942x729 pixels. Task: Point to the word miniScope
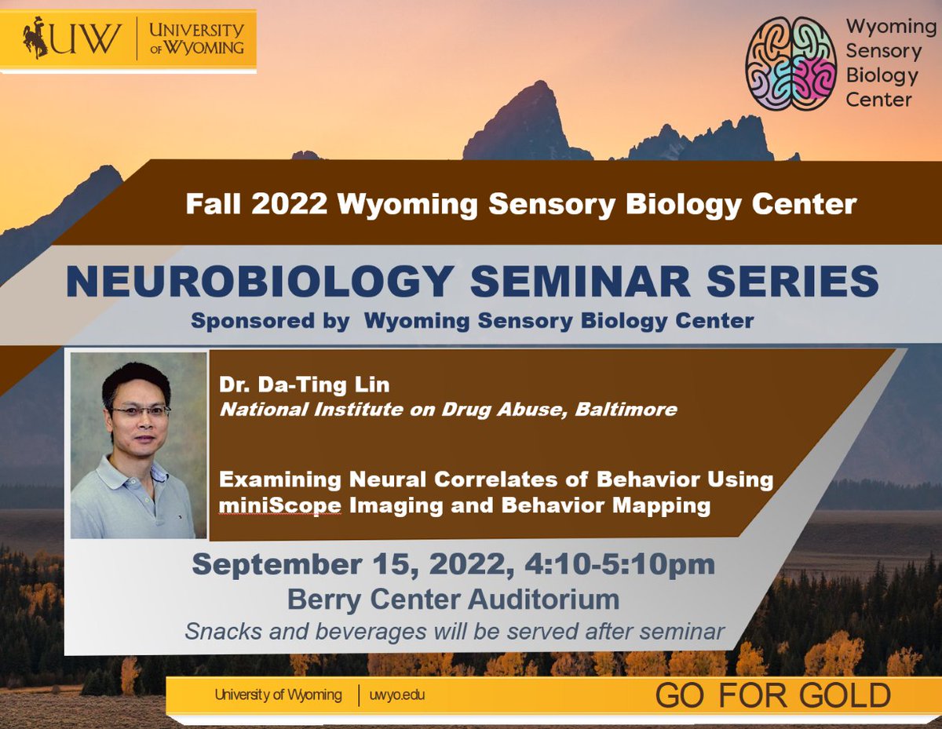coord(280,505)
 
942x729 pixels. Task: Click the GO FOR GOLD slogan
coord(772,695)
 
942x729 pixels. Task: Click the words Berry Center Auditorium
coord(453,600)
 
